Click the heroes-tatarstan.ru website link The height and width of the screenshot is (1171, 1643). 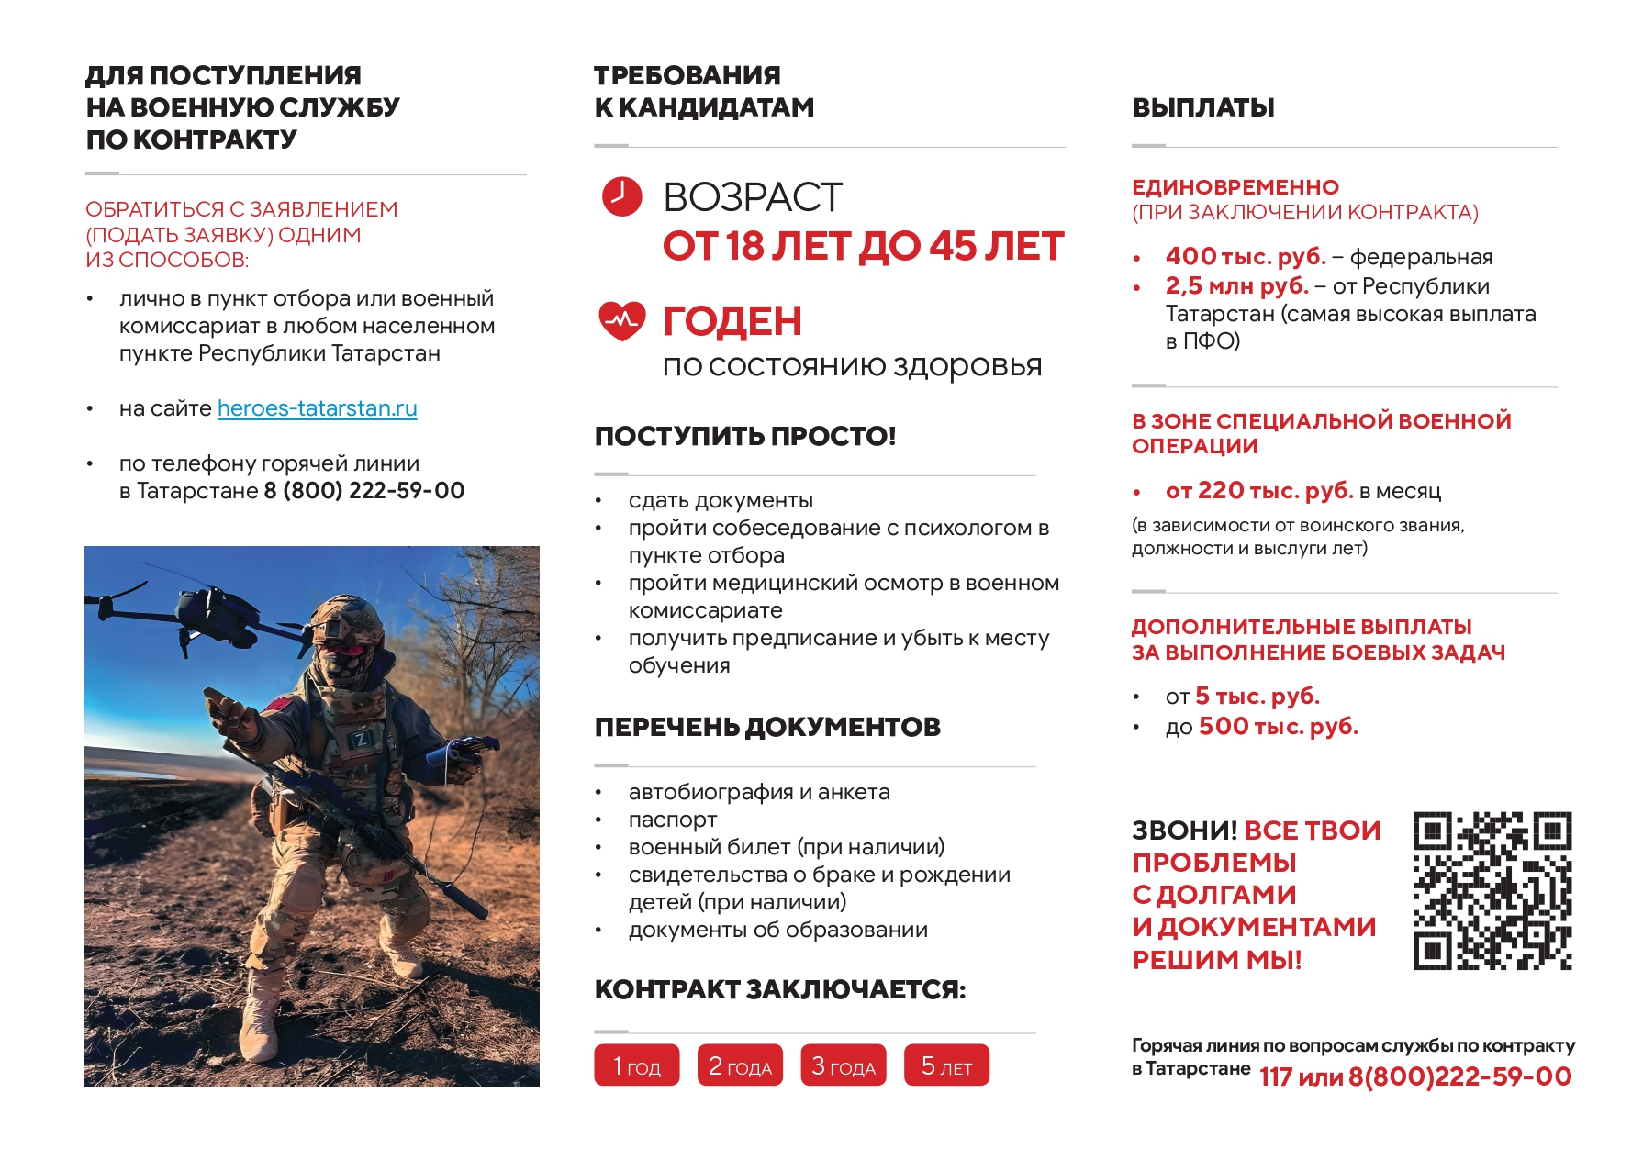pos(317,408)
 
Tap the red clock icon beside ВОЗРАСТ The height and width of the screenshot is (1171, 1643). pos(621,196)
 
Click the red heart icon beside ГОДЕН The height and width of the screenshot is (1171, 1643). pos(621,320)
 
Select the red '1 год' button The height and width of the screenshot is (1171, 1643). pos(636,1065)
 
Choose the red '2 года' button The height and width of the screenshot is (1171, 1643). pos(740,1065)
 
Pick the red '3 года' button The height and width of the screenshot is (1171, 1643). pos(843,1065)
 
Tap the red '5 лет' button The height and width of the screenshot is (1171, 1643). pos(946,1065)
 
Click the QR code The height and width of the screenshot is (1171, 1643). pos(1492,890)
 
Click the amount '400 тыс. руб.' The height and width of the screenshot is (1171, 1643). pos(1246,256)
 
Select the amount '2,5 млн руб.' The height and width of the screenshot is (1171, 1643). pos(1236,286)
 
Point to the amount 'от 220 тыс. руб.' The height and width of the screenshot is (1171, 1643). pos(1259,491)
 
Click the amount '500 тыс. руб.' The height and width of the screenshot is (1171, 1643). pos(1278,727)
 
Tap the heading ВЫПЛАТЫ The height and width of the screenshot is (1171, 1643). pos(1202,107)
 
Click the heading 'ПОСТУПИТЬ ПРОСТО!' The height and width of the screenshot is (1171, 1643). pos(744,436)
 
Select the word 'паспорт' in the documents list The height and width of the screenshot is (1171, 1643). pos(672,820)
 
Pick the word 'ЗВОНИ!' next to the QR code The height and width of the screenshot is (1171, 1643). pos(1184,831)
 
